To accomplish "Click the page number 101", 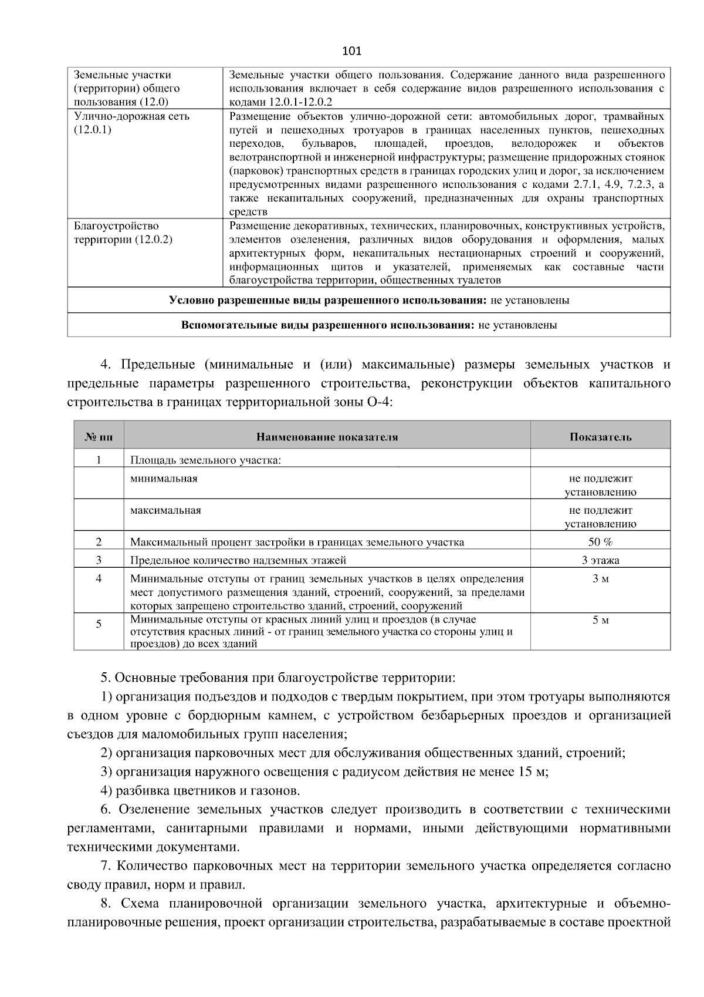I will tap(351, 51).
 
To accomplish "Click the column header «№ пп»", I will tap(99, 437).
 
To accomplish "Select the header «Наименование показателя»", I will tap(327, 437).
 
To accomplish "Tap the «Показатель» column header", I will tap(600, 437).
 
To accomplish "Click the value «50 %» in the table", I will tap(600, 542).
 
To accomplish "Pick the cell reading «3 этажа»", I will tap(600, 560).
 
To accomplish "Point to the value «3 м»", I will tap(600, 579).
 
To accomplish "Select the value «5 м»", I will tap(600, 620).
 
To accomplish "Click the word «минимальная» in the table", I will tap(164, 479).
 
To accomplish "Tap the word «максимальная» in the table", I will tap(165, 510).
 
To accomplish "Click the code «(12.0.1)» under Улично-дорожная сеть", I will tap(93, 130).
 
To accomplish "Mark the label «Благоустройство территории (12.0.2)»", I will tap(123, 233).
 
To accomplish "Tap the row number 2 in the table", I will tap(99, 542).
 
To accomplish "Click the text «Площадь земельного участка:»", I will tap(205, 460).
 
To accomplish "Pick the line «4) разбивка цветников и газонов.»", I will tap(201, 791).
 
